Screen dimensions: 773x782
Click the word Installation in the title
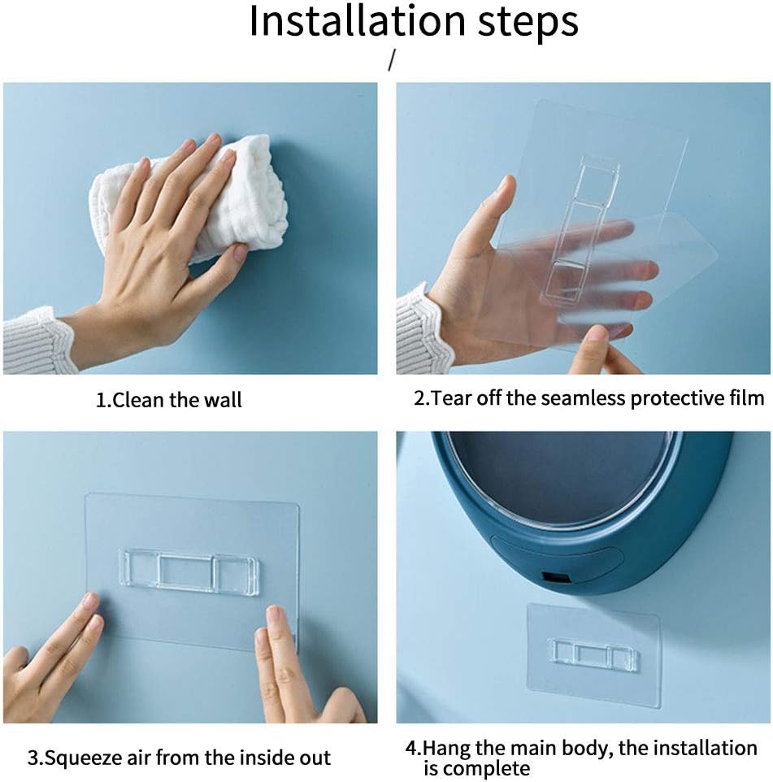tap(358, 21)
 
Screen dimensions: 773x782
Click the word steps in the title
tap(528, 24)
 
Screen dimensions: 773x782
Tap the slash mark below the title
tap(392, 60)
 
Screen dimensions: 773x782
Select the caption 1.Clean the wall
tap(168, 400)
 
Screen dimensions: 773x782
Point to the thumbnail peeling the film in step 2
tap(596, 335)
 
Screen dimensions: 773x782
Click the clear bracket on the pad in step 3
tap(189, 572)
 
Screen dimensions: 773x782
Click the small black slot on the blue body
tap(556, 577)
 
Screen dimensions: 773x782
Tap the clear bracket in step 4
tap(593, 654)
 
